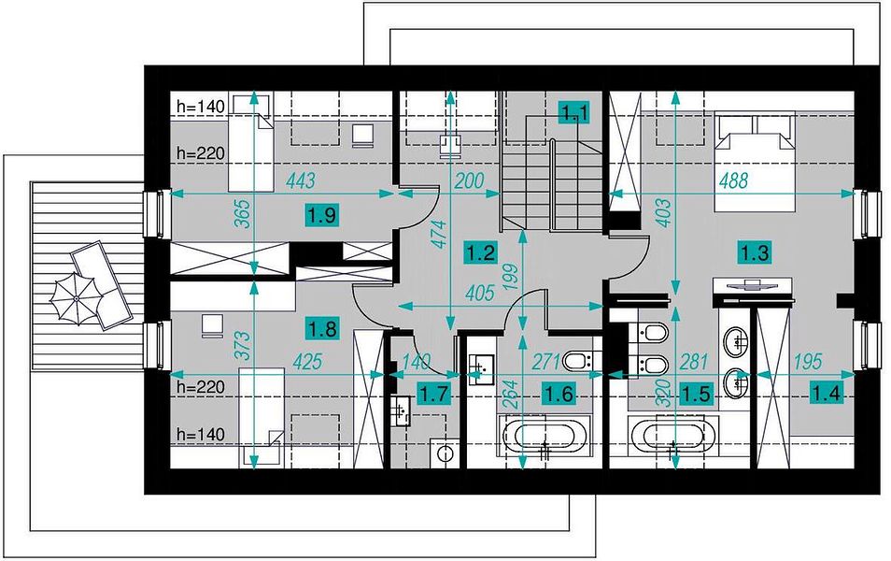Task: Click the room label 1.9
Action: click(323, 216)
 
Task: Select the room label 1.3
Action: click(754, 252)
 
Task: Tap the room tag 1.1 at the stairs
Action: click(575, 112)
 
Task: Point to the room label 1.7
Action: click(434, 394)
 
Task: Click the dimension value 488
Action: click(733, 180)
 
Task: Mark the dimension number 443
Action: click(301, 181)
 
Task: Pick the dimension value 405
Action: click(480, 293)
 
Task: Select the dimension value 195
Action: click(808, 361)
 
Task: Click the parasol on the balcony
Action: click(76, 298)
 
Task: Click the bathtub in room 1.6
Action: click(544, 436)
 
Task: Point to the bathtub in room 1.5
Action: click(674, 435)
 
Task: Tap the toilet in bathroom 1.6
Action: click(578, 361)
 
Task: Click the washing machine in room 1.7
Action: click(445, 453)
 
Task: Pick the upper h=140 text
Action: click(201, 106)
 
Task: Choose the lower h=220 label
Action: click(201, 387)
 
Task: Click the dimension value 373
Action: click(243, 345)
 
